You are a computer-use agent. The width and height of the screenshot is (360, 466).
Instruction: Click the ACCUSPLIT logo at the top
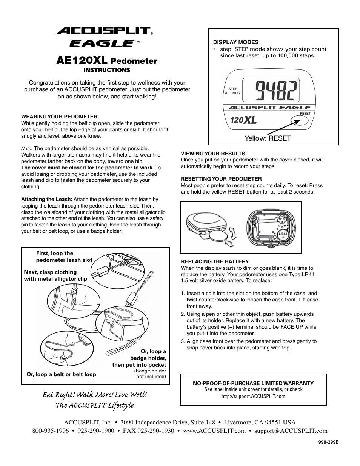pyautogui.click(x=104, y=31)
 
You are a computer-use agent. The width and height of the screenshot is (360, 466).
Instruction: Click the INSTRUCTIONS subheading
pyautogui.click(x=107, y=70)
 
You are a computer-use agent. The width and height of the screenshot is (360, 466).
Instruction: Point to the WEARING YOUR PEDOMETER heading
pyautogui.click(x=59, y=117)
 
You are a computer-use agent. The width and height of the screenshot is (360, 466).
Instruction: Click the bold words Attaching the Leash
pyautogui.click(x=46, y=199)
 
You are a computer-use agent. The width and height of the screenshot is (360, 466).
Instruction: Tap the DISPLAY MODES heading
pyautogui.click(x=236, y=42)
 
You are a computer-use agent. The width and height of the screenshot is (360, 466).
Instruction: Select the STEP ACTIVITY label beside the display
pyautogui.click(x=233, y=91)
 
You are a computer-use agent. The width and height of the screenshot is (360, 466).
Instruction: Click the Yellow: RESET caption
pyautogui.click(x=268, y=138)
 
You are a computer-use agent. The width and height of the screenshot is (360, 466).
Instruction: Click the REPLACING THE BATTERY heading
pyautogui.click(x=215, y=261)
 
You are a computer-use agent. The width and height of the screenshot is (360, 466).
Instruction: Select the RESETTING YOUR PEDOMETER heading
pyautogui.click(x=221, y=179)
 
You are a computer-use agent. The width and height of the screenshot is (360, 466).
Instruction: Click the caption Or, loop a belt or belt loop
pyautogui.click(x=61, y=374)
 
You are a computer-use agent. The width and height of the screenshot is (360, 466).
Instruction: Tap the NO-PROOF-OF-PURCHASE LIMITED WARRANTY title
pyautogui.click(x=253, y=383)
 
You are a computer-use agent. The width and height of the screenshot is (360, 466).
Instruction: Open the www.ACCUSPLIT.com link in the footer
pyautogui.click(x=214, y=431)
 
